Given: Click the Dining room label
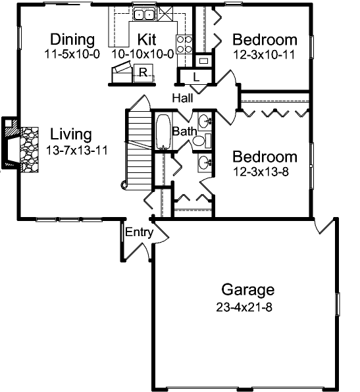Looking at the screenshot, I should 72,39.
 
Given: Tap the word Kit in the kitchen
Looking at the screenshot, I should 142,39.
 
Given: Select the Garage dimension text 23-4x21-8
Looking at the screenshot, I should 244,306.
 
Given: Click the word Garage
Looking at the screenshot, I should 247,289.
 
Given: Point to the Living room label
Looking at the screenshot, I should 70,135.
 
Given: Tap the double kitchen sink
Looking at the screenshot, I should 143,14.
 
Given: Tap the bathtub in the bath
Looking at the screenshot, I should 163,132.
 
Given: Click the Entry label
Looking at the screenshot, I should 139,232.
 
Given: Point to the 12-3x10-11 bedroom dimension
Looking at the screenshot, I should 265,55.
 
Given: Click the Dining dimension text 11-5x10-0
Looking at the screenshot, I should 72,54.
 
